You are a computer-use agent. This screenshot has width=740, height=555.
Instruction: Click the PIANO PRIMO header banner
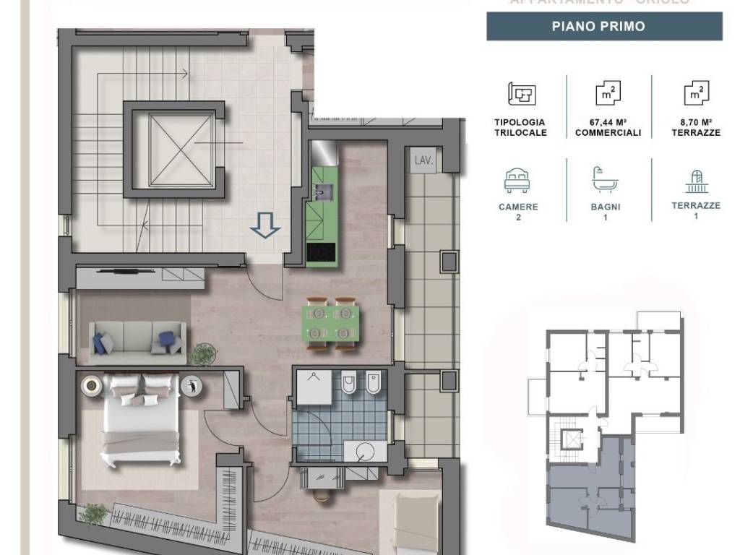[x=604, y=27]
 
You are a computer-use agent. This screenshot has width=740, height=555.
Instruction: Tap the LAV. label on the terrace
[x=423, y=160]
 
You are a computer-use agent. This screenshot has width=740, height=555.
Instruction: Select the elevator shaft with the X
[x=173, y=150]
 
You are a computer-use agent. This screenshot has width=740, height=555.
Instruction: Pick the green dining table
[x=332, y=323]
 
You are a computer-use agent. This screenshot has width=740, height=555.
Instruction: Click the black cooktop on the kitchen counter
[x=322, y=253]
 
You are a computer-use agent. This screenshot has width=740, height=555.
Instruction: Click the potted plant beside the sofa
[x=203, y=355]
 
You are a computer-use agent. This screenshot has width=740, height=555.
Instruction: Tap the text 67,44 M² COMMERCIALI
[x=608, y=128]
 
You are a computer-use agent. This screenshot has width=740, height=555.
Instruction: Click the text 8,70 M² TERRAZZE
[x=695, y=128]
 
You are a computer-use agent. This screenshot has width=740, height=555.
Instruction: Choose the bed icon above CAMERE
[x=518, y=179]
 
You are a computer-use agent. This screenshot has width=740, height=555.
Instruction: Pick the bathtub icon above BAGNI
[x=605, y=179]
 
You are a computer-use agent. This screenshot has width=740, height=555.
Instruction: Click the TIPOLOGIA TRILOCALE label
[x=520, y=128]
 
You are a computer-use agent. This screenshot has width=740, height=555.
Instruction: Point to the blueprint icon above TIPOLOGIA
[x=521, y=94]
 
